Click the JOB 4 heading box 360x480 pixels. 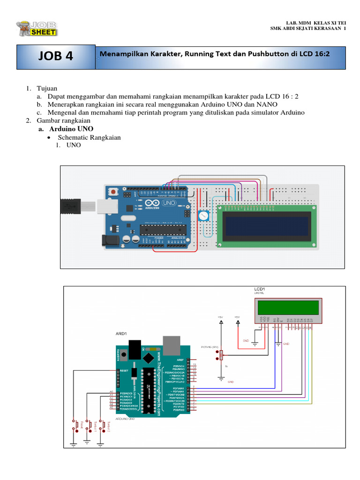(56, 56)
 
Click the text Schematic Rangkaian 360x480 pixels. (89, 137)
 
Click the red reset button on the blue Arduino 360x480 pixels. (113, 192)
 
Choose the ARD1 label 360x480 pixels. (121, 334)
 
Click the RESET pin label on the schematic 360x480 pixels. (125, 370)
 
